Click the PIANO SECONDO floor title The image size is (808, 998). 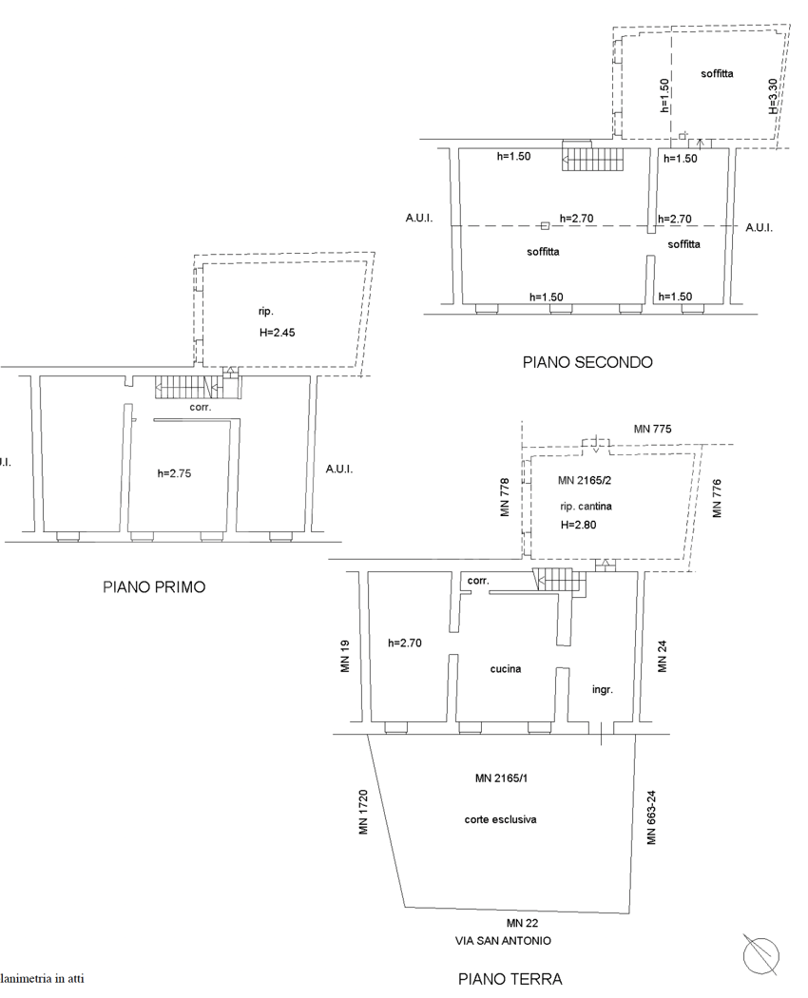tap(587, 362)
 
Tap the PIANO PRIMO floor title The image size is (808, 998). tap(154, 587)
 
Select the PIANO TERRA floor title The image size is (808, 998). tap(510, 978)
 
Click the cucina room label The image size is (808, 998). tap(505, 669)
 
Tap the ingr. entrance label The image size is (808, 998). tap(602, 690)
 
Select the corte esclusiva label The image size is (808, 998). tap(500, 819)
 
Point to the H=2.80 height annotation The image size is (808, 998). tap(578, 525)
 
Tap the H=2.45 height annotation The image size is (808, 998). tap(278, 334)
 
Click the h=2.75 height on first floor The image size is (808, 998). tap(175, 473)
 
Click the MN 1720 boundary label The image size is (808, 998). tap(363, 813)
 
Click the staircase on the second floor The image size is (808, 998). tap(590, 159)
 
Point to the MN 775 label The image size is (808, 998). tap(652, 431)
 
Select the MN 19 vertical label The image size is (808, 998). tap(346, 657)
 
